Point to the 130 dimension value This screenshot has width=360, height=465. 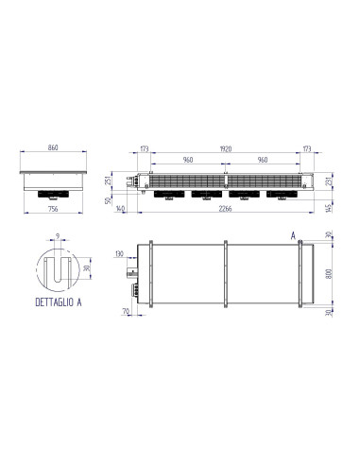click(x=119, y=253)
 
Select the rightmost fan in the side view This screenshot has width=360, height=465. click(x=281, y=196)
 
